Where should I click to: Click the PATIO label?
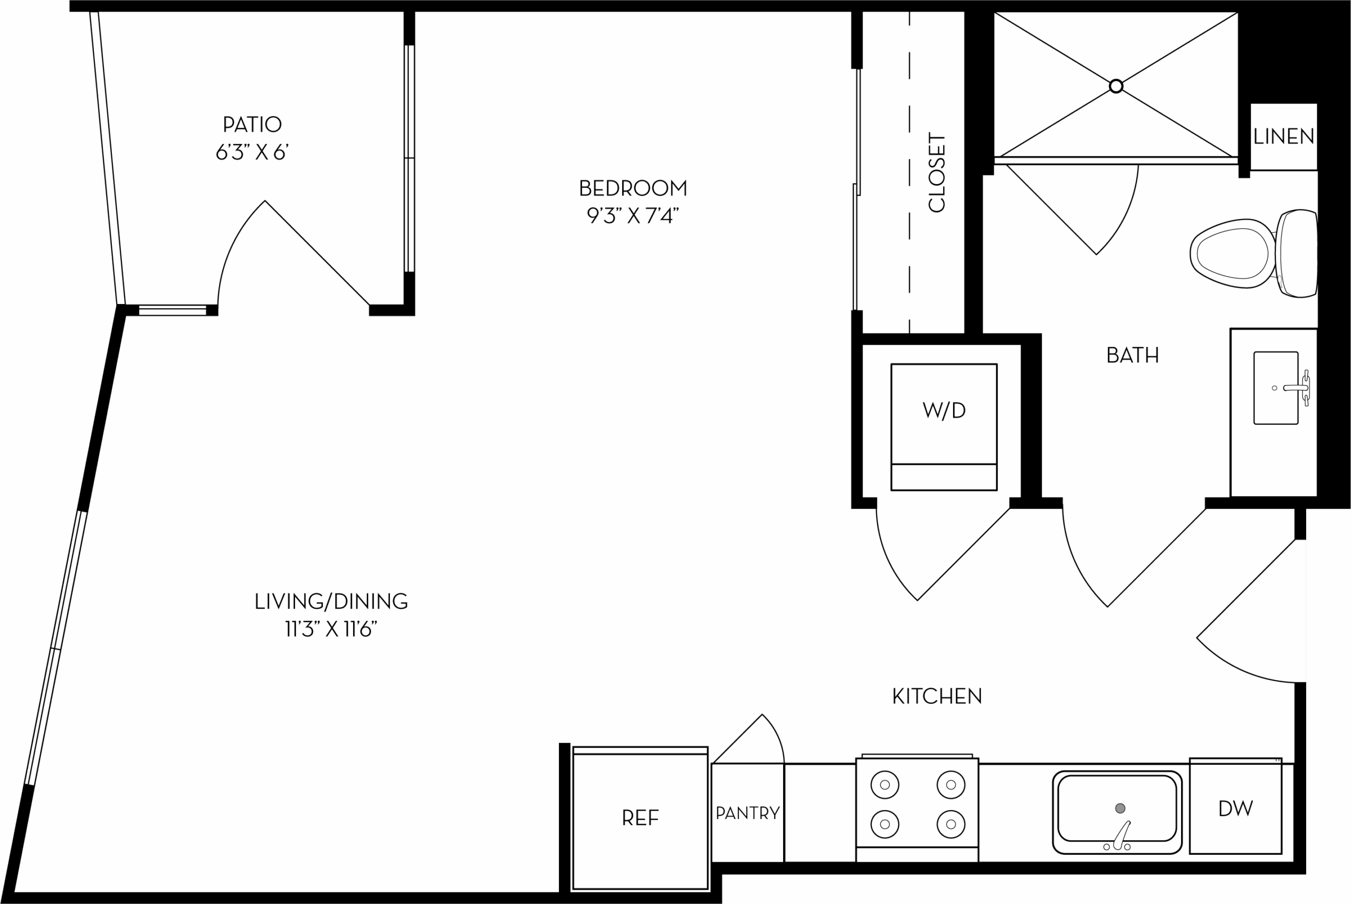(252, 124)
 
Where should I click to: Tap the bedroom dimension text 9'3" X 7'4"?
(633, 216)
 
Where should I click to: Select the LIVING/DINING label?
(331, 601)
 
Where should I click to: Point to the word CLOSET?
(937, 173)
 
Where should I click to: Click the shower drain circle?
(1116, 86)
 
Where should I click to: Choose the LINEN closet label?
(1283, 136)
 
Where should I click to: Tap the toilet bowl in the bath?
(1233, 254)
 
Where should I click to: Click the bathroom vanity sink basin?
(1276, 388)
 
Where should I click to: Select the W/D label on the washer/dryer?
(944, 410)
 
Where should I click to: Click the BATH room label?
(1133, 355)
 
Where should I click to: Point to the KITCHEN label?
(937, 697)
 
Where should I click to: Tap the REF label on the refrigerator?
(640, 817)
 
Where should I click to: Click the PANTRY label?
(748, 813)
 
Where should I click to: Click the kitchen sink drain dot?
(1120, 808)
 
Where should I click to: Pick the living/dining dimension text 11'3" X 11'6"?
(331, 630)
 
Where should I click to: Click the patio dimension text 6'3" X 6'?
(252, 152)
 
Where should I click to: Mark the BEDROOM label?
(633, 188)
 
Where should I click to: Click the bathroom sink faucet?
(1301, 388)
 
